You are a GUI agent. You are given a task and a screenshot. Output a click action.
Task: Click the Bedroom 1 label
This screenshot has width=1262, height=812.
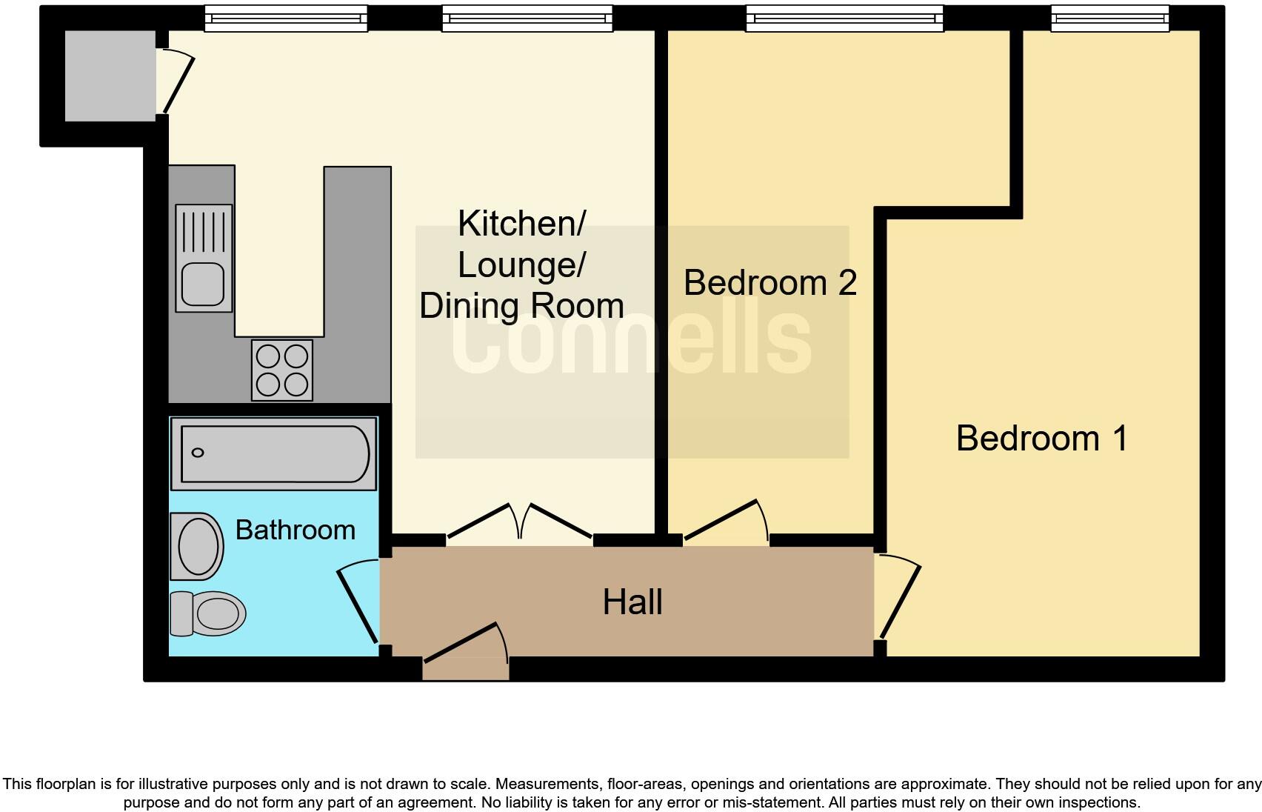(x=1041, y=438)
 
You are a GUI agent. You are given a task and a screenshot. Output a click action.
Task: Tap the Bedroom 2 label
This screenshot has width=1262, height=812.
(x=769, y=282)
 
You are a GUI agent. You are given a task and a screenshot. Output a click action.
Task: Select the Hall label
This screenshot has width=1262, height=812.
(x=632, y=602)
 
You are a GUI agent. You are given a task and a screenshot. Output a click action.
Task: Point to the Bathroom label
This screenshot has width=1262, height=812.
(x=295, y=530)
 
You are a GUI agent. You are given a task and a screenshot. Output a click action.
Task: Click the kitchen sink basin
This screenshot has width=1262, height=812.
(x=203, y=284)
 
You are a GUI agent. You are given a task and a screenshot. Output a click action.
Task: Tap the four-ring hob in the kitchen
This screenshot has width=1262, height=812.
(x=281, y=370)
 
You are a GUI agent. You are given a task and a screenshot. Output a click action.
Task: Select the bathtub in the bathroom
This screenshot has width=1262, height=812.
(x=274, y=453)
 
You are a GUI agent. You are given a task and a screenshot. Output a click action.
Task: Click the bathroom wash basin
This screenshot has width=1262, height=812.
(x=197, y=546)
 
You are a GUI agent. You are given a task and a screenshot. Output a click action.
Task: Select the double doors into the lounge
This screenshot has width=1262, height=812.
(x=520, y=522)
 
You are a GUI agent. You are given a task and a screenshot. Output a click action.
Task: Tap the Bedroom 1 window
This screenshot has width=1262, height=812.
(x=1109, y=19)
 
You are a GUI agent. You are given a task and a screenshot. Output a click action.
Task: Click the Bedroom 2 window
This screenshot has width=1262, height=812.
(x=844, y=19)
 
